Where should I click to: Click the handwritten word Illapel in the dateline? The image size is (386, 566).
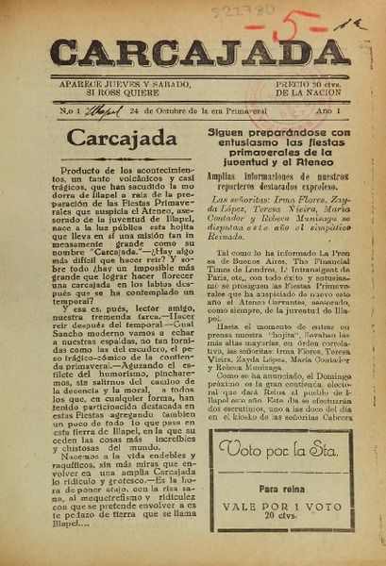(96, 111)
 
